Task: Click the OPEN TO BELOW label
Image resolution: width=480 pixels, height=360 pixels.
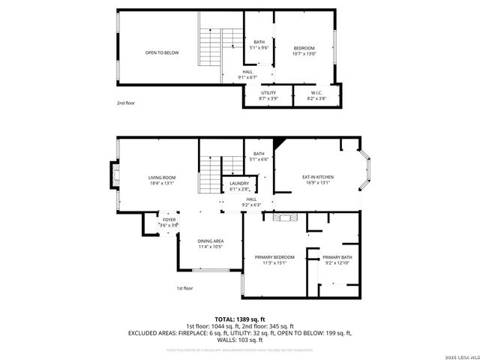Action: pyautogui.click(x=162, y=52)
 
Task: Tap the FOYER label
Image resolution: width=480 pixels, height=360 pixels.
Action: pyautogui.click(x=169, y=222)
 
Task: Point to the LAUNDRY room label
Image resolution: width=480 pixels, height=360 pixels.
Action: pyautogui.click(x=239, y=185)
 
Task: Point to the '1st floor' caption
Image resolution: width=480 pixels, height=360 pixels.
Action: pyautogui.click(x=184, y=288)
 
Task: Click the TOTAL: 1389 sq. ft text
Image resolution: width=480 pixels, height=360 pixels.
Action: pyautogui.click(x=239, y=319)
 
